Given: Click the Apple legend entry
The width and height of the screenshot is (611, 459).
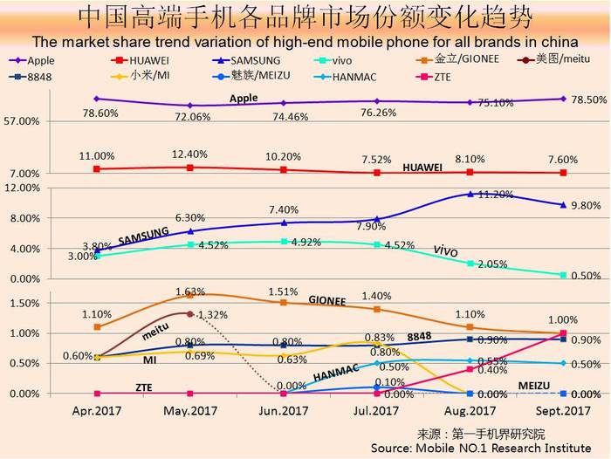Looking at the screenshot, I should point(40,60).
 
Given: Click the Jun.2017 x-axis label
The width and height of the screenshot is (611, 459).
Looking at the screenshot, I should point(283,408).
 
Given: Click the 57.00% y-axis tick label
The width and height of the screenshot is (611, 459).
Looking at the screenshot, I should point(23,122).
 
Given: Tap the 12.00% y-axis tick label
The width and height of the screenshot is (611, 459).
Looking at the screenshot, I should point(23,188).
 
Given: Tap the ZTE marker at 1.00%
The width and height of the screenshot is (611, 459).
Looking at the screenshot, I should point(563,333).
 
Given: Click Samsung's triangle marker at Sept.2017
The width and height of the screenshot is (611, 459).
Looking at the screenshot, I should point(563,205).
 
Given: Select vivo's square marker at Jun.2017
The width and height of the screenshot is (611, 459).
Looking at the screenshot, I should point(284,241).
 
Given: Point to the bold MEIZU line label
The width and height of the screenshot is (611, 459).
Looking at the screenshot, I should point(535,384).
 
